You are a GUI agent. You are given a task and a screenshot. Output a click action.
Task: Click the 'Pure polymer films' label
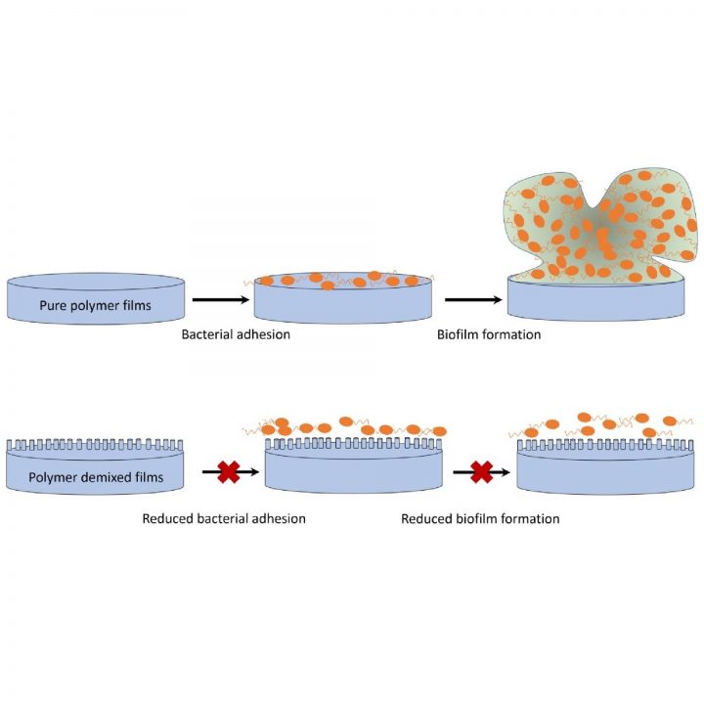tap(95, 305)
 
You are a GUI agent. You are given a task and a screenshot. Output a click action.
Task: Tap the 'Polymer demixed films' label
tap(96, 477)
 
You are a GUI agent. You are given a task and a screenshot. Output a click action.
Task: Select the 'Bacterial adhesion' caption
tap(236, 334)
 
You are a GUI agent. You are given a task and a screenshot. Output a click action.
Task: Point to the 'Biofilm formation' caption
tap(489, 334)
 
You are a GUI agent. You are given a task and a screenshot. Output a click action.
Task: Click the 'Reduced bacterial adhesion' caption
tap(224, 518)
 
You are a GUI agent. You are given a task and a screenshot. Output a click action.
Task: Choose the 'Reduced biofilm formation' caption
tap(480, 518)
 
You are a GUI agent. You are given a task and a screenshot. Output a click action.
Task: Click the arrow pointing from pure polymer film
tap(221, 299)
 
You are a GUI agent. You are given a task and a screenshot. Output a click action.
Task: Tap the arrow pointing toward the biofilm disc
tap(473, 299)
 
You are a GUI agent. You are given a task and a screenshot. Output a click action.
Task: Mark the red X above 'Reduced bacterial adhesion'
tap(229, 472)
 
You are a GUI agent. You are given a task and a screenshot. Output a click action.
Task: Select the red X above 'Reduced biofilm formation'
tap(482, 472)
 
